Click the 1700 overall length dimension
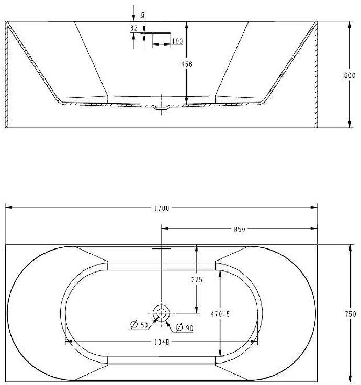point(162,208)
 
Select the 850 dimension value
point(240,229)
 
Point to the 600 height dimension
point(349,75)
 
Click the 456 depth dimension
point(187,64)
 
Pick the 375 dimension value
point(196,279)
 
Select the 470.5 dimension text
point(220,314)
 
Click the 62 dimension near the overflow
point(134,28)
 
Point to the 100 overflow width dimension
point(176,41)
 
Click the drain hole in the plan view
point(162,313)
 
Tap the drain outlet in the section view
point(162,108)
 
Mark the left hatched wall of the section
point(7,75)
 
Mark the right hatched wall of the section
point(316,75)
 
